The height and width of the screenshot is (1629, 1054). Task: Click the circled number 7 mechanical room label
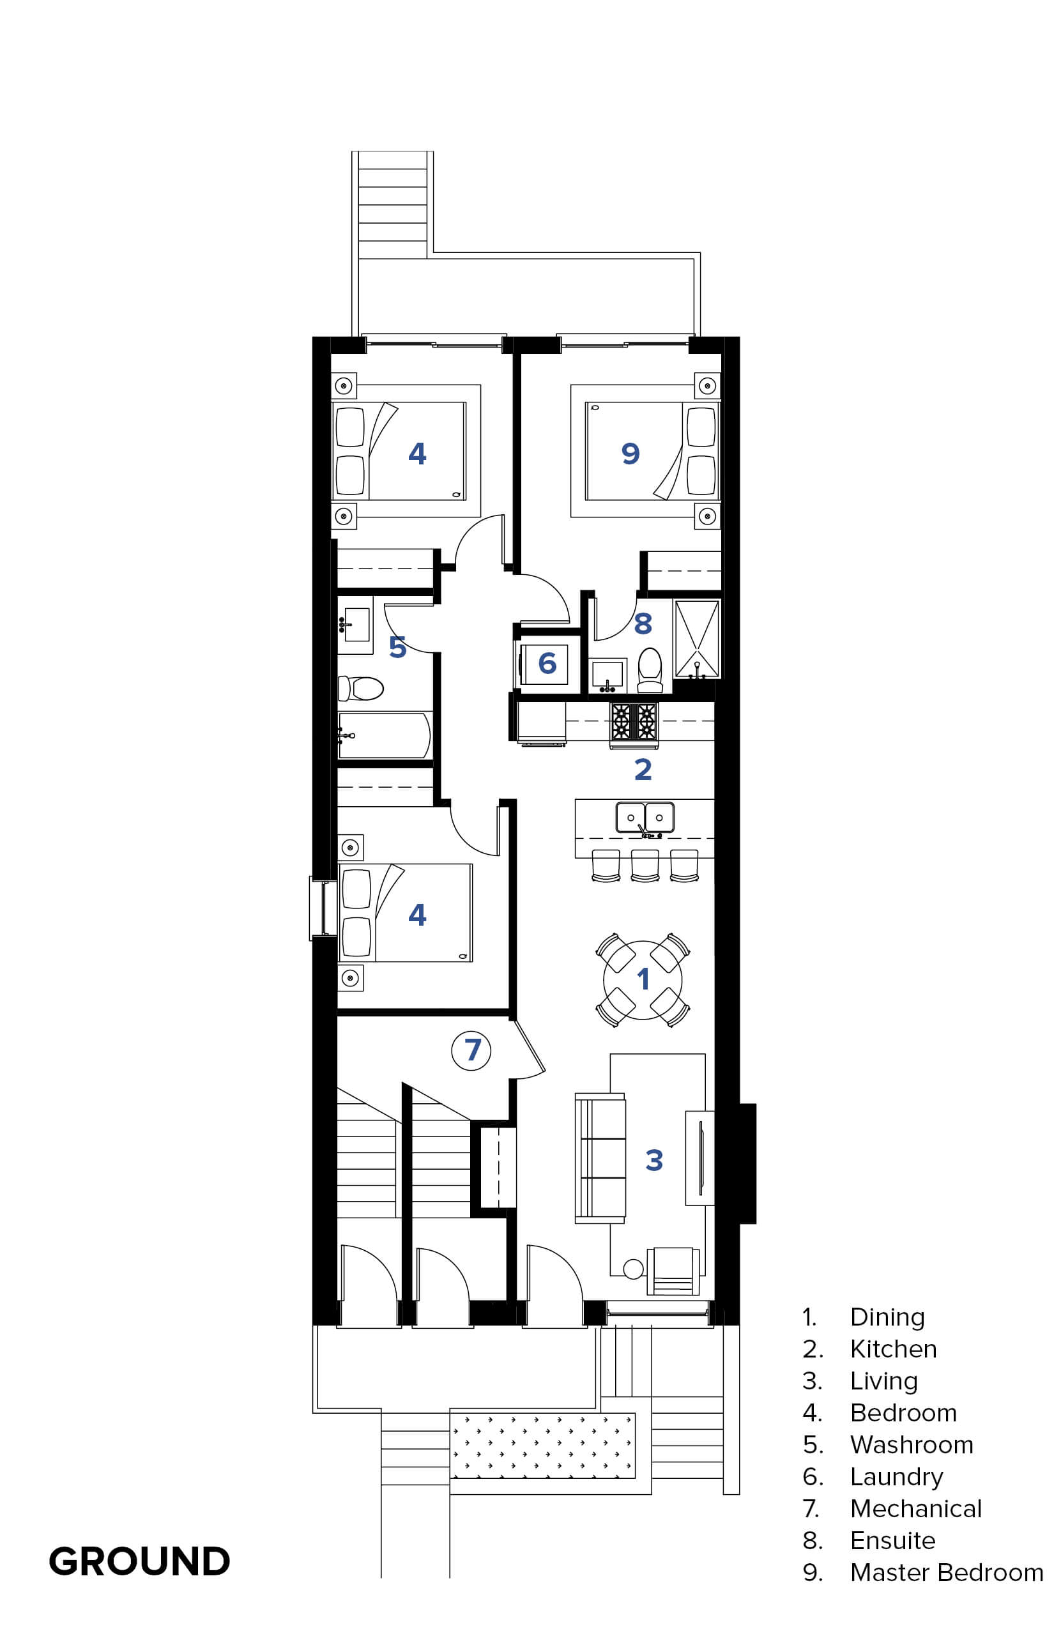(x=471, y=1050)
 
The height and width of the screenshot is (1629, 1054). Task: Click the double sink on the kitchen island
(x=645, y=818)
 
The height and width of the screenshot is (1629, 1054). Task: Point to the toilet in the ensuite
(x=650, y=670)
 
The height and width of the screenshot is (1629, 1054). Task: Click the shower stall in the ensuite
(x=697, y=639)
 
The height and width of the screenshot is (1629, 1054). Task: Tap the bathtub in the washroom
(x=384, y=736)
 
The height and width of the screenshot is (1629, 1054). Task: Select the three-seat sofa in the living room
(x=600, y=1158)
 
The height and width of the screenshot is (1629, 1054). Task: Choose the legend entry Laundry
(x=897, y=1477)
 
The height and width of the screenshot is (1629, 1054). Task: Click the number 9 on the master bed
(x=630, y=453)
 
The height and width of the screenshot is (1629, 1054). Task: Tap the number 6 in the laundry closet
(x=547, y=662)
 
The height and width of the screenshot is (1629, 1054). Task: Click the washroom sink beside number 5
(x=355, y=623)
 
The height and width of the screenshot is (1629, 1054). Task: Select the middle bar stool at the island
(x=645, y=866)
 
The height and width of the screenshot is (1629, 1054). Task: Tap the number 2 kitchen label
(x=643, y=770)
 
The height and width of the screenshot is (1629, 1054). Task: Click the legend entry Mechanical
(x=916, y=1508)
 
